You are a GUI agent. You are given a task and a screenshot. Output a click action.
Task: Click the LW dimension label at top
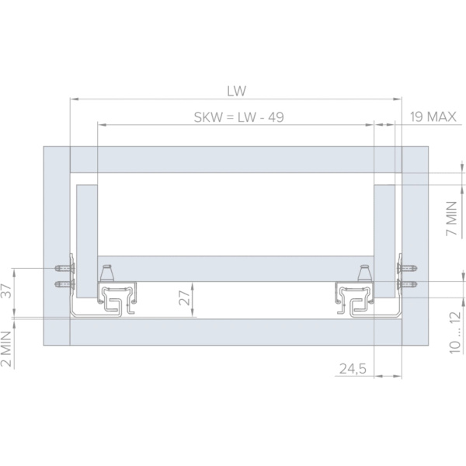pyautogui.click(x=237, y=91)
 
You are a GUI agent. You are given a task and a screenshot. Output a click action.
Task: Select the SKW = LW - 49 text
pyautogui.click(x=239, y=117)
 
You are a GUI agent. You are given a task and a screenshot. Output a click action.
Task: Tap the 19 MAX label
pyautogui.click(x=433, y=116)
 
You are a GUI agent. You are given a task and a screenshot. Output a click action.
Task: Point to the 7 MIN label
pyautogui.click(x=451, y=218)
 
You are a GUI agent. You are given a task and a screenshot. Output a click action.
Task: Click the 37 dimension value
pyautogui.click(x=6, y=290)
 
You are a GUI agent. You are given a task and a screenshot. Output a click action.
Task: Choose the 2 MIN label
pyautogui.click(x=6, y=349)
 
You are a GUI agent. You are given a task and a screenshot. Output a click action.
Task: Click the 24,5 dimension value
pyautogui.click(x=353, y=369)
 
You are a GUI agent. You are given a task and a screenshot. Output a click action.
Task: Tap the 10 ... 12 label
pyautogui.click(x=455, y=332)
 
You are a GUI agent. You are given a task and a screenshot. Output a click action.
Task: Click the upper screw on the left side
pyautogui.click(x=64, y=269)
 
